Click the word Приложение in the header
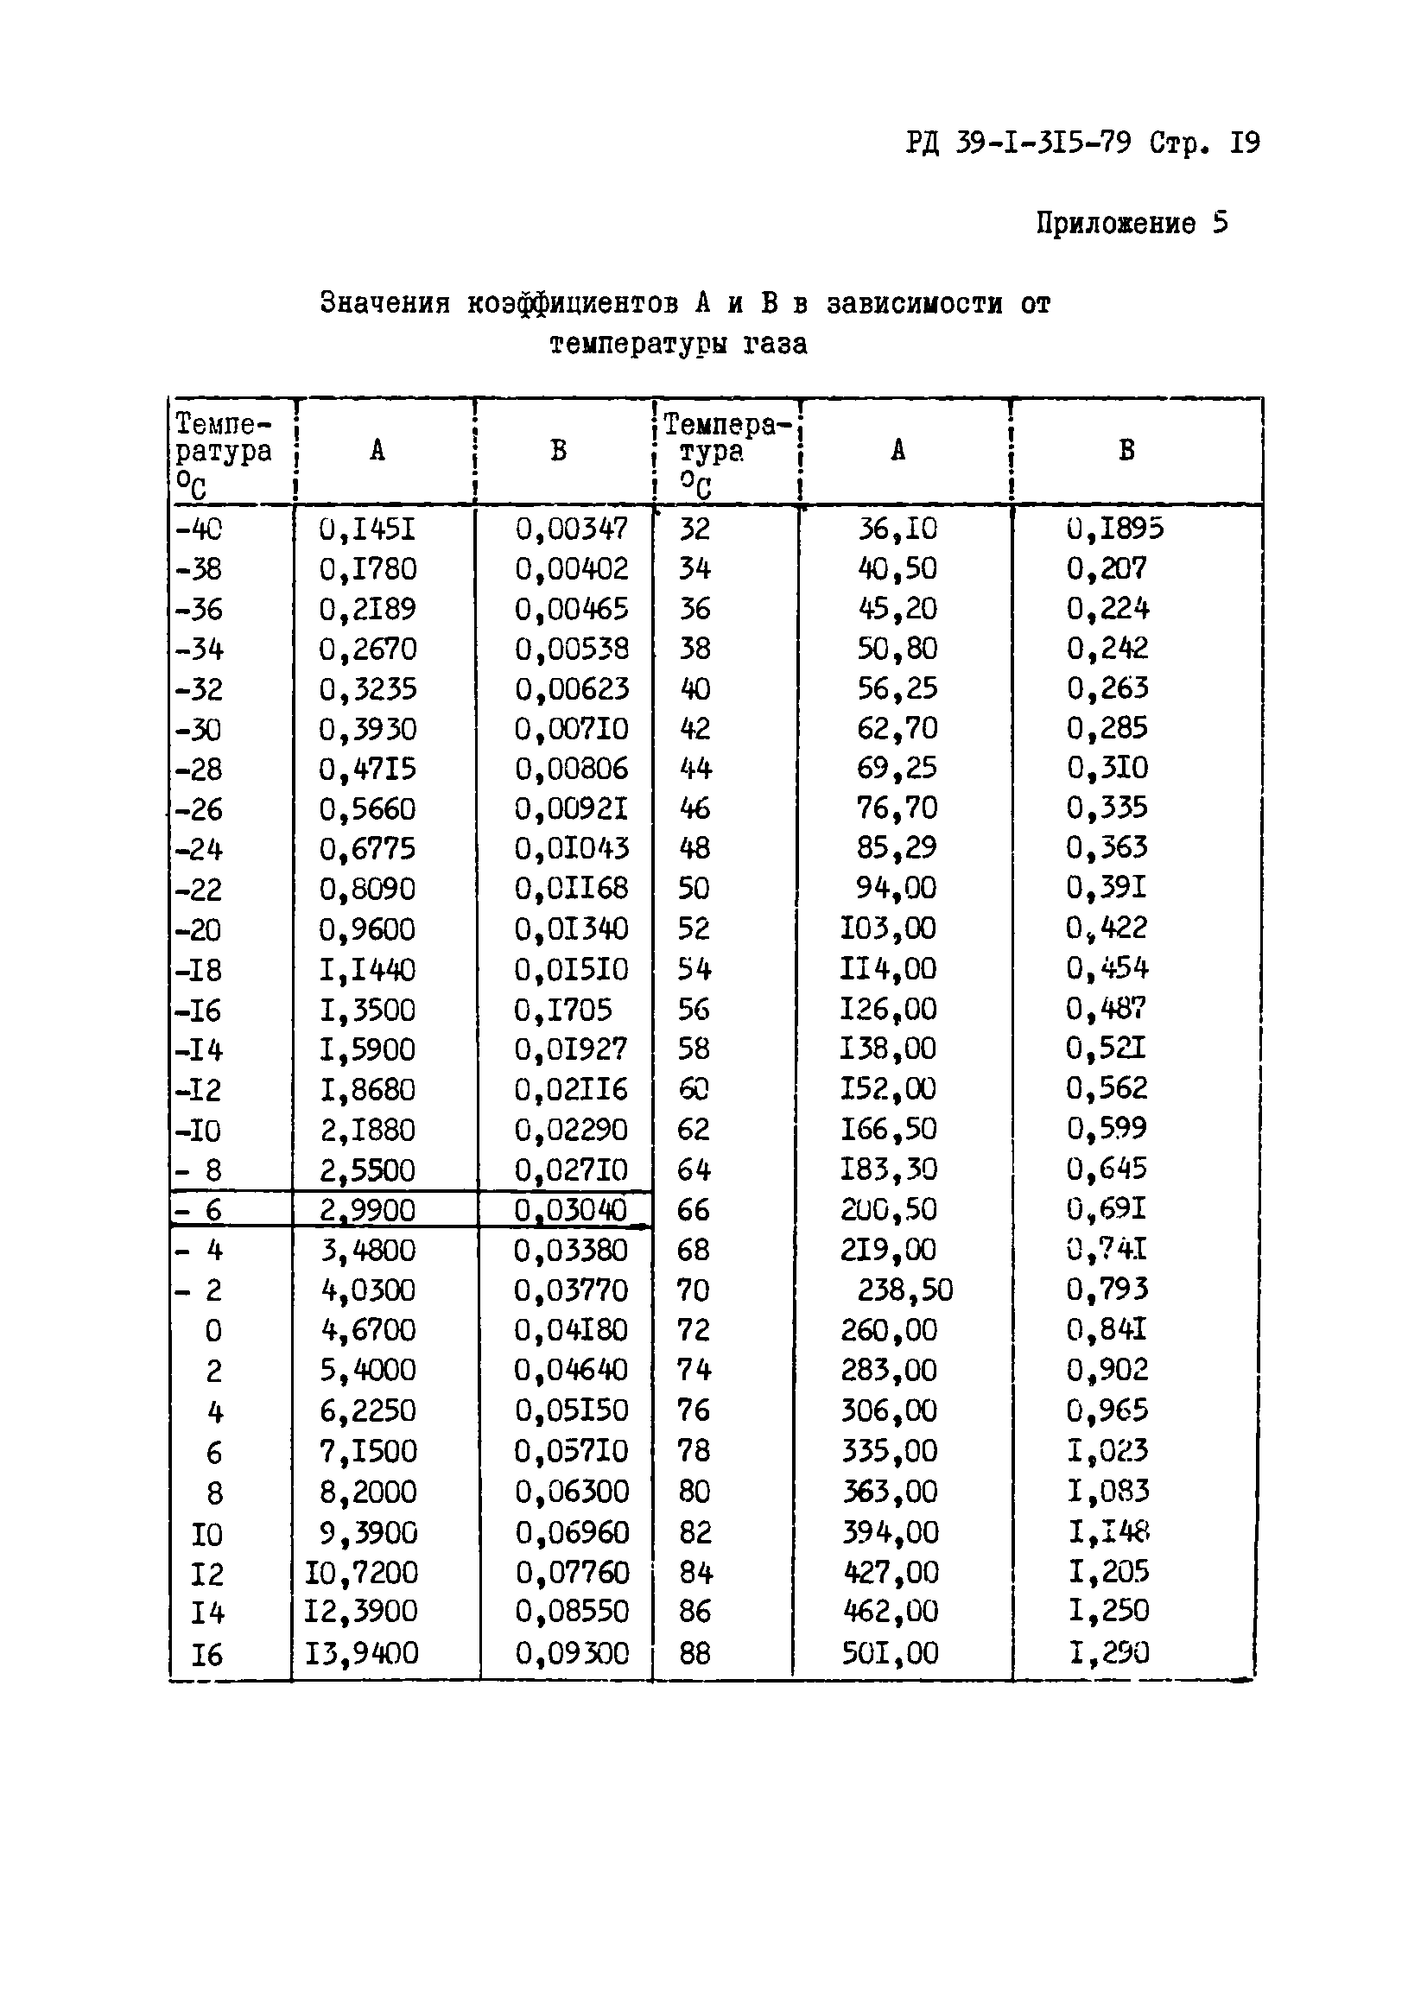1114,224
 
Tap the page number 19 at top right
1245,143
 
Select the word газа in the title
775,344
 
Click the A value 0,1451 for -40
367,529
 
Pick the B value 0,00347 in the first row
571,529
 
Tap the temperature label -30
199,730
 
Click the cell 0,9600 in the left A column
367,929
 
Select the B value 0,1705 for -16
562,1010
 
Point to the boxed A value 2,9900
367,1211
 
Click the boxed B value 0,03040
570,1211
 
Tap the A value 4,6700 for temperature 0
368,1330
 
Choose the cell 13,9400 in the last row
362,1654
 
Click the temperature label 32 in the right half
694,529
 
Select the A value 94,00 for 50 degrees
896,888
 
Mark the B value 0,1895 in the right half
1114,529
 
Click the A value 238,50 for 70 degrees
904,1290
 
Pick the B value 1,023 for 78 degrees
1107,1451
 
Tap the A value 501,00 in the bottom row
890,1654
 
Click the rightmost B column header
1127,451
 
